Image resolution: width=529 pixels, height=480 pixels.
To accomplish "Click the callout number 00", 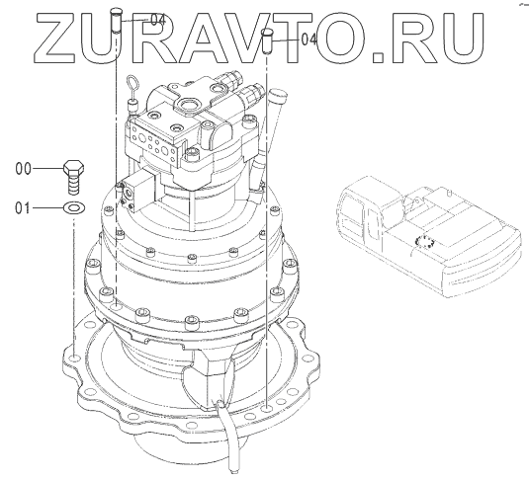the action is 24,169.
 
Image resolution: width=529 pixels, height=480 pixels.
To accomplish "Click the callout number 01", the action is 23,208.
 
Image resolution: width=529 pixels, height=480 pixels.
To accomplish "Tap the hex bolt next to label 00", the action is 73,178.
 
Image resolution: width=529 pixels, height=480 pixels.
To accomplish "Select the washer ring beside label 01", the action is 74,208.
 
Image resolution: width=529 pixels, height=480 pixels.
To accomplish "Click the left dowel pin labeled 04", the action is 116,21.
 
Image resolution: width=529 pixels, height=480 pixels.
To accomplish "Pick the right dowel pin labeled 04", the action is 268,40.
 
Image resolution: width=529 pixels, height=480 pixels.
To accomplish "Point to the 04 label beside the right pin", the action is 309,40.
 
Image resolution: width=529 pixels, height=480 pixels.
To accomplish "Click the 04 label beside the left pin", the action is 158,20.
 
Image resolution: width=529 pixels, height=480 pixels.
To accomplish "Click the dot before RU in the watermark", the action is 378,57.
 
